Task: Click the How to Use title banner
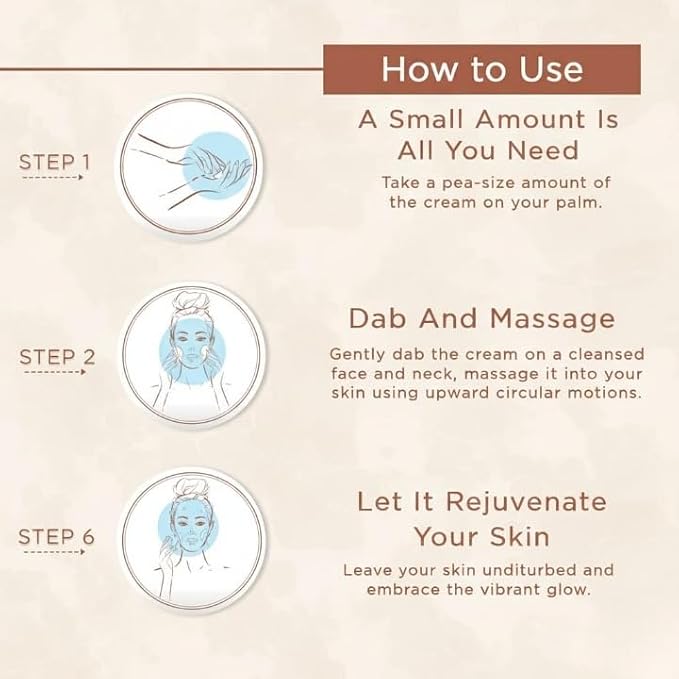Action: pos(482,69)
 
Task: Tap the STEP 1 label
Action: pos(55,162)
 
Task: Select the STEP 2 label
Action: pos(57,357)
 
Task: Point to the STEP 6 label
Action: pos(56,537)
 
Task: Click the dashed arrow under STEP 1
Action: pos(52,177)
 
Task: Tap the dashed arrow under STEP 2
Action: pos(55,372)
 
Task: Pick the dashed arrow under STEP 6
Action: pos(55,552)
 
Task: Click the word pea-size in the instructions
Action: pos(479,183)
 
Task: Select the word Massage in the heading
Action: pos(553,320)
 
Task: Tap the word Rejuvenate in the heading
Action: pos(526,502)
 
